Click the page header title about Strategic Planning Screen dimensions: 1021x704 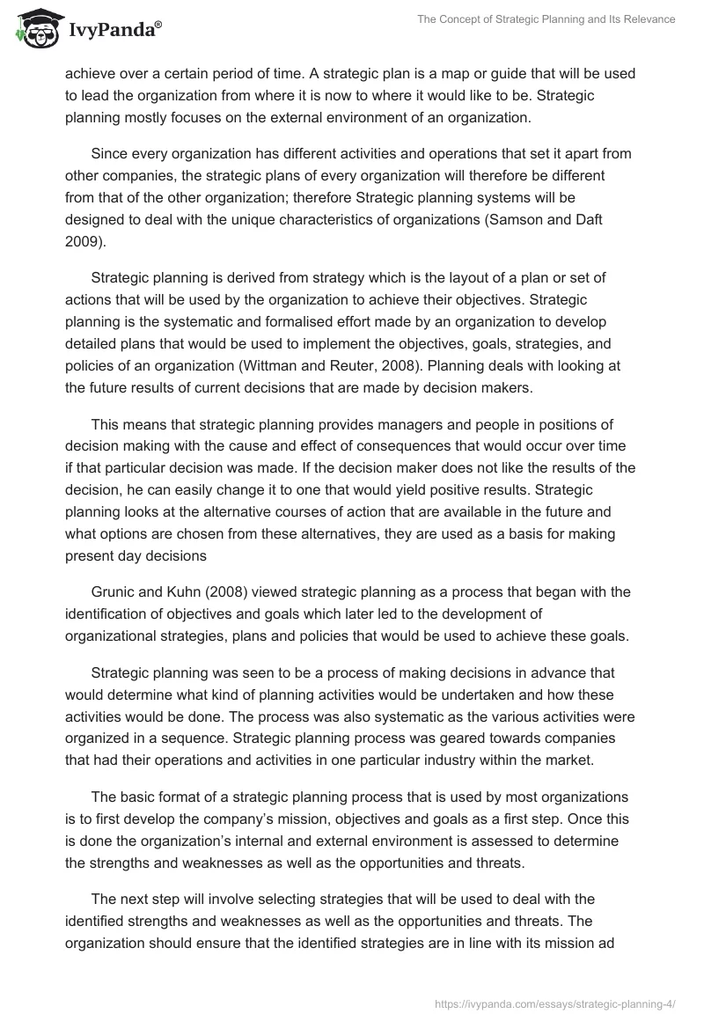click(x=546, y=19)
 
